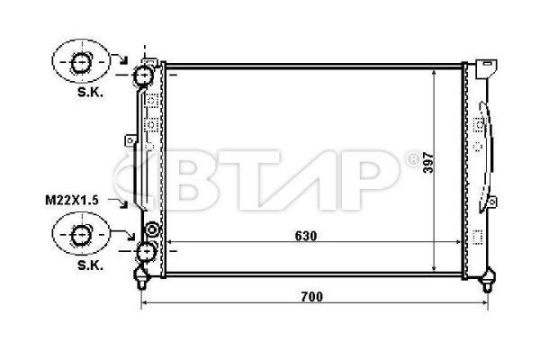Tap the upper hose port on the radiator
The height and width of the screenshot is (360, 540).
click(144, 76)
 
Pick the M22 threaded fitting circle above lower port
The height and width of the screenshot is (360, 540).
click(151, 230)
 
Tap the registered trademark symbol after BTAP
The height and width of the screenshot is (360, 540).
click(413, 159)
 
